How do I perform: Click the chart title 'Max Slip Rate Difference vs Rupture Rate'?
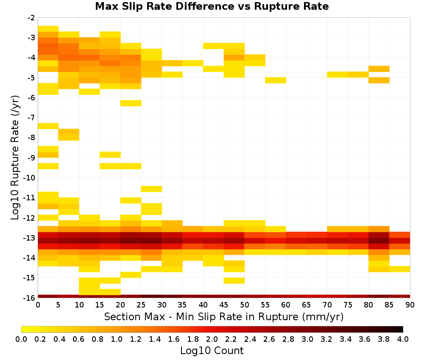tap(212, 6)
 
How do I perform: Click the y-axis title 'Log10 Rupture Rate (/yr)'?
tap(15, 158)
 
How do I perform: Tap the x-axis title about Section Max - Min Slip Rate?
tap(224, 316)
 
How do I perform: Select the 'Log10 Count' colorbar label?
tap(212, 351)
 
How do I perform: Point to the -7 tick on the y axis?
tap(31, 118)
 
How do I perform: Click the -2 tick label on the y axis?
tap(31, 18)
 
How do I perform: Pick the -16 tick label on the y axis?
tap(29, 298)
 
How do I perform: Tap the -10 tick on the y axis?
tap(29, 178)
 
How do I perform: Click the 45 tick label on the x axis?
tap(224, 305)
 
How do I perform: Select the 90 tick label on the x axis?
tap(410, 305)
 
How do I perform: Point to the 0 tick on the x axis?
tap(38, 305)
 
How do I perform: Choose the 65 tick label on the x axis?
tap(307, 305)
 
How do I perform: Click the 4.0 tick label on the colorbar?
tap(403, 339)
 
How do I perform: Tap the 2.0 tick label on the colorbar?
tap(212, 339)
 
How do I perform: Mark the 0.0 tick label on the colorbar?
tap(21, 339)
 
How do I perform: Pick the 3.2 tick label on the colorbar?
tap(326, 339)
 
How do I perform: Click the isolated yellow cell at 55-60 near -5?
tap(276, 80)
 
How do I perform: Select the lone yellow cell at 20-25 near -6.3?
tap(131, 103)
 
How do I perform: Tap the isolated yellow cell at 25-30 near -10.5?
tap(151, 189)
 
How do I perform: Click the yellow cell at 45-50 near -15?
tap(234, 280)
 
